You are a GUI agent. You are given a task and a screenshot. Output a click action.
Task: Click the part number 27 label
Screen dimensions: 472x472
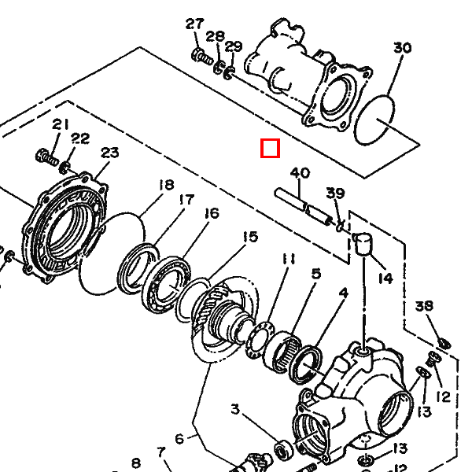point(194,24)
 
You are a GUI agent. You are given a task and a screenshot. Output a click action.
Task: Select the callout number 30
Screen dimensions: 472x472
point(402,48)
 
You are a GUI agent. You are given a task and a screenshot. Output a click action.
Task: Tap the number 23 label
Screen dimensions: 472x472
point(109,153)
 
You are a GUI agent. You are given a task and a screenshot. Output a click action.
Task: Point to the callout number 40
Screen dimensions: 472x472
point(300,173)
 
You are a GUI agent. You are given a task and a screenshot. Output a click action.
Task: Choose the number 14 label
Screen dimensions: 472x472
point(385,278)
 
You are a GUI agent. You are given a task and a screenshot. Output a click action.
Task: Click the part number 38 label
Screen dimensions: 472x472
point(424,306)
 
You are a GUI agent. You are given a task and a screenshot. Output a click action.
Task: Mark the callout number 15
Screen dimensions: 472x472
point(249,236)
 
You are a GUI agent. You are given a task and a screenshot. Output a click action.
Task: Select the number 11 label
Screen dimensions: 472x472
point(289,259)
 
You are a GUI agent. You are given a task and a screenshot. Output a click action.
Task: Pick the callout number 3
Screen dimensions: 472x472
point(235,408)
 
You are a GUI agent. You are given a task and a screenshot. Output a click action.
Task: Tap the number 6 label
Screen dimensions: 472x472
point(179,439)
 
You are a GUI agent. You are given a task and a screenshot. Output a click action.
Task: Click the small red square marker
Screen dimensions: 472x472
point(271,148)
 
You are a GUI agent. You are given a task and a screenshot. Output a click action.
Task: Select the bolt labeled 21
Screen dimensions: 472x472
point(46,155)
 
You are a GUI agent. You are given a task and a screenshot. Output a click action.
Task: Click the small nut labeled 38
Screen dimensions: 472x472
point(443,342)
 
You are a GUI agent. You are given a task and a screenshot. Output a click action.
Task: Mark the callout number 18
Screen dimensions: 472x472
point(165,185)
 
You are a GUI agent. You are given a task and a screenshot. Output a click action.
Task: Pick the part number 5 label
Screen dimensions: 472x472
point(315,274)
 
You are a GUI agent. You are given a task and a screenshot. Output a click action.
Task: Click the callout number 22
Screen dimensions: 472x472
point(80,138)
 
